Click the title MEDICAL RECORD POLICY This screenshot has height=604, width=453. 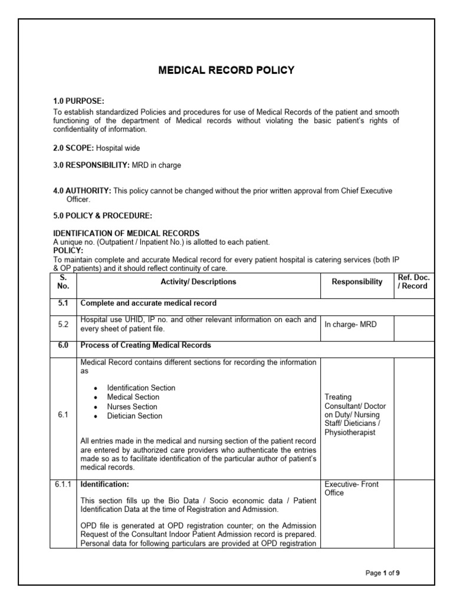coord(226,70)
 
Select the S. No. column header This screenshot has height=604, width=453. coord(64,281)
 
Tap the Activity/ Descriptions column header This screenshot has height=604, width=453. coord(198,282)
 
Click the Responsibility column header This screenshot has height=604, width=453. coord(357,282)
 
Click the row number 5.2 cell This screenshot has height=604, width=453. coord(64,324)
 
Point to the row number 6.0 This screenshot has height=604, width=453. coord(64,345)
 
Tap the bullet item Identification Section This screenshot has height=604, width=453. coord(141,388)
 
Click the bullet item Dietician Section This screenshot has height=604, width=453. coord(134,416)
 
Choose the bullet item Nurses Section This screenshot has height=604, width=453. coord(132,406)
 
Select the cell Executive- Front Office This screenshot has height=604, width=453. coord(352,488)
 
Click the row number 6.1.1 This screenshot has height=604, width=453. coord(64,484)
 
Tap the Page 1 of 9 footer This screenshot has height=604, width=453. coord(386,573)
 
